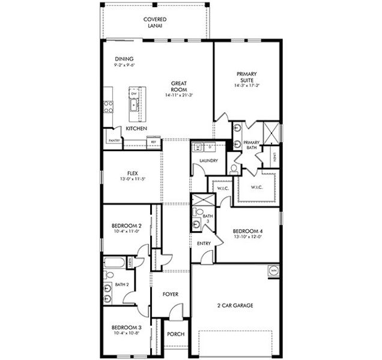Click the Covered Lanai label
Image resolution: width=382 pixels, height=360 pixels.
click(155, 22)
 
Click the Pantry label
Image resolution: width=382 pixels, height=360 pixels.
click(114, 140)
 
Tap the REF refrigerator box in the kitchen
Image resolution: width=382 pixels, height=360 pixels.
click(153, 142)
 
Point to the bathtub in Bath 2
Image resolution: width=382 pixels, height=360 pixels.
click(114, 263)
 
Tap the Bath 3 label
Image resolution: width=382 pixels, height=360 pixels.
click(208, 219)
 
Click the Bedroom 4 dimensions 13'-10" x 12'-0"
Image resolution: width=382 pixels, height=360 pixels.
click(247, 237)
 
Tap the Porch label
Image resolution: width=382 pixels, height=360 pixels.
click(175, 334)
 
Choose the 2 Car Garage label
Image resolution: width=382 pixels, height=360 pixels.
click(235, 305)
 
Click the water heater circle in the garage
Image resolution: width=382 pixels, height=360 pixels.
click(274, 270)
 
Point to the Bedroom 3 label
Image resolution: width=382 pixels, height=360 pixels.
click(126, 327)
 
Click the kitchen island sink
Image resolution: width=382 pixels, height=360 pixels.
click(135, 106)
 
